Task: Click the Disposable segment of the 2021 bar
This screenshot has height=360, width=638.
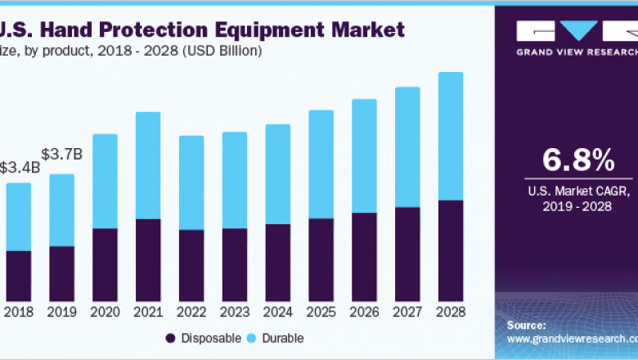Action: click(148, 259)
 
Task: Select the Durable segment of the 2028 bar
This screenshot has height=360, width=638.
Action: click(451, 136)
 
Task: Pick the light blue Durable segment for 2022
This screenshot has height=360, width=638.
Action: click(191, 182)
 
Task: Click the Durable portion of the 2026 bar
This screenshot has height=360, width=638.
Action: click(364, 155)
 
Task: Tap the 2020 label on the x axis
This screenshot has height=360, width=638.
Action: click(105, 313)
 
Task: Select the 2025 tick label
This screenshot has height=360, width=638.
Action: click(321, 313)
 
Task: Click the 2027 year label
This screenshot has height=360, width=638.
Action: click(407, 313)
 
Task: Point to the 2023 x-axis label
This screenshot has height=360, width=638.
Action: click(235, 313)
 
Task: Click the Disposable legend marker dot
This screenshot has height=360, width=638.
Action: click(170, 338)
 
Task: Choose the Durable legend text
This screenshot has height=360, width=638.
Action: click(283, 338)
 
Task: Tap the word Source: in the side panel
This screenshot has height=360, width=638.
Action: click(526, 325)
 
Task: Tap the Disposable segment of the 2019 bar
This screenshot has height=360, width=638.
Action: click(61, 272)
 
